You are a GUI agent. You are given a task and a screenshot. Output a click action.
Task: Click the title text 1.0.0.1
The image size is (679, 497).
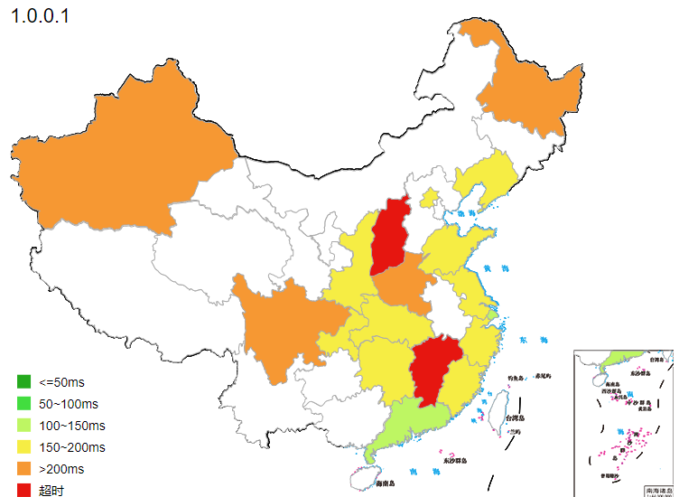click(x=41, y=16)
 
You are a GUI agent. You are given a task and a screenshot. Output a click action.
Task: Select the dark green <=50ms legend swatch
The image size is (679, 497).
click(x=23, y=381)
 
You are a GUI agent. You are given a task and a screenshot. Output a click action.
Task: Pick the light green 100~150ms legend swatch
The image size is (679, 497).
click(x=23, y=425)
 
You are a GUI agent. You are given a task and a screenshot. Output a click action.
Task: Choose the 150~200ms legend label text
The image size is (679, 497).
click(x=72, y=447)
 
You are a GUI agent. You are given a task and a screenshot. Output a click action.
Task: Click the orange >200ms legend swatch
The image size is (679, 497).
click(x=23, y=469)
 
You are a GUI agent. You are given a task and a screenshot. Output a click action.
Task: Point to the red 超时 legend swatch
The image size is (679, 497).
click(x=23, y=490)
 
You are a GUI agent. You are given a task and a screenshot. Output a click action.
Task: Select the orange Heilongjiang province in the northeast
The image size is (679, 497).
click(x=533, y=90)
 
